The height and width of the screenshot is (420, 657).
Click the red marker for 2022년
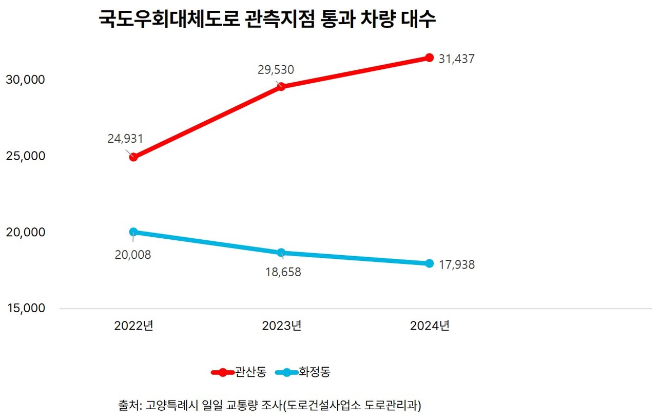coord(133,157)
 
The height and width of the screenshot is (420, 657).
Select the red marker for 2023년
coord(281,86)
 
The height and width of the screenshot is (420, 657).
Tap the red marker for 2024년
coord(429,58)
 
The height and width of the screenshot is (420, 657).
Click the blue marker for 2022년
coord(133,232)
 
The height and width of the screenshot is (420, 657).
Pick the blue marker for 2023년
coord(281,253)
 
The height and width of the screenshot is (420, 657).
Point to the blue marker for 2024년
coord(429,263)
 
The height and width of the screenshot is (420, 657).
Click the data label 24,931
coord(125,139)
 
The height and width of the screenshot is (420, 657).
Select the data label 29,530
coord(276,69)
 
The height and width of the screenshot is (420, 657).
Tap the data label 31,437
coord(456,59)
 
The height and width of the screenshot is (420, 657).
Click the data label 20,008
coord(133,255)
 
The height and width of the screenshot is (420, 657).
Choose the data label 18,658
coord(283,272)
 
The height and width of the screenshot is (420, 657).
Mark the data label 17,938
coord(456,265)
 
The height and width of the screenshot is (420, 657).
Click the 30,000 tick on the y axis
coord(25,80)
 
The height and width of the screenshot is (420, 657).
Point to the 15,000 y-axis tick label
coord(25,308)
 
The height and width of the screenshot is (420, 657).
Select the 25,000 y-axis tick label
coord(25,156)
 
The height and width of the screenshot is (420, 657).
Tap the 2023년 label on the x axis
coord(281,326)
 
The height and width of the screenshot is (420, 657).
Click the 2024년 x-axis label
coord(429,326)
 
